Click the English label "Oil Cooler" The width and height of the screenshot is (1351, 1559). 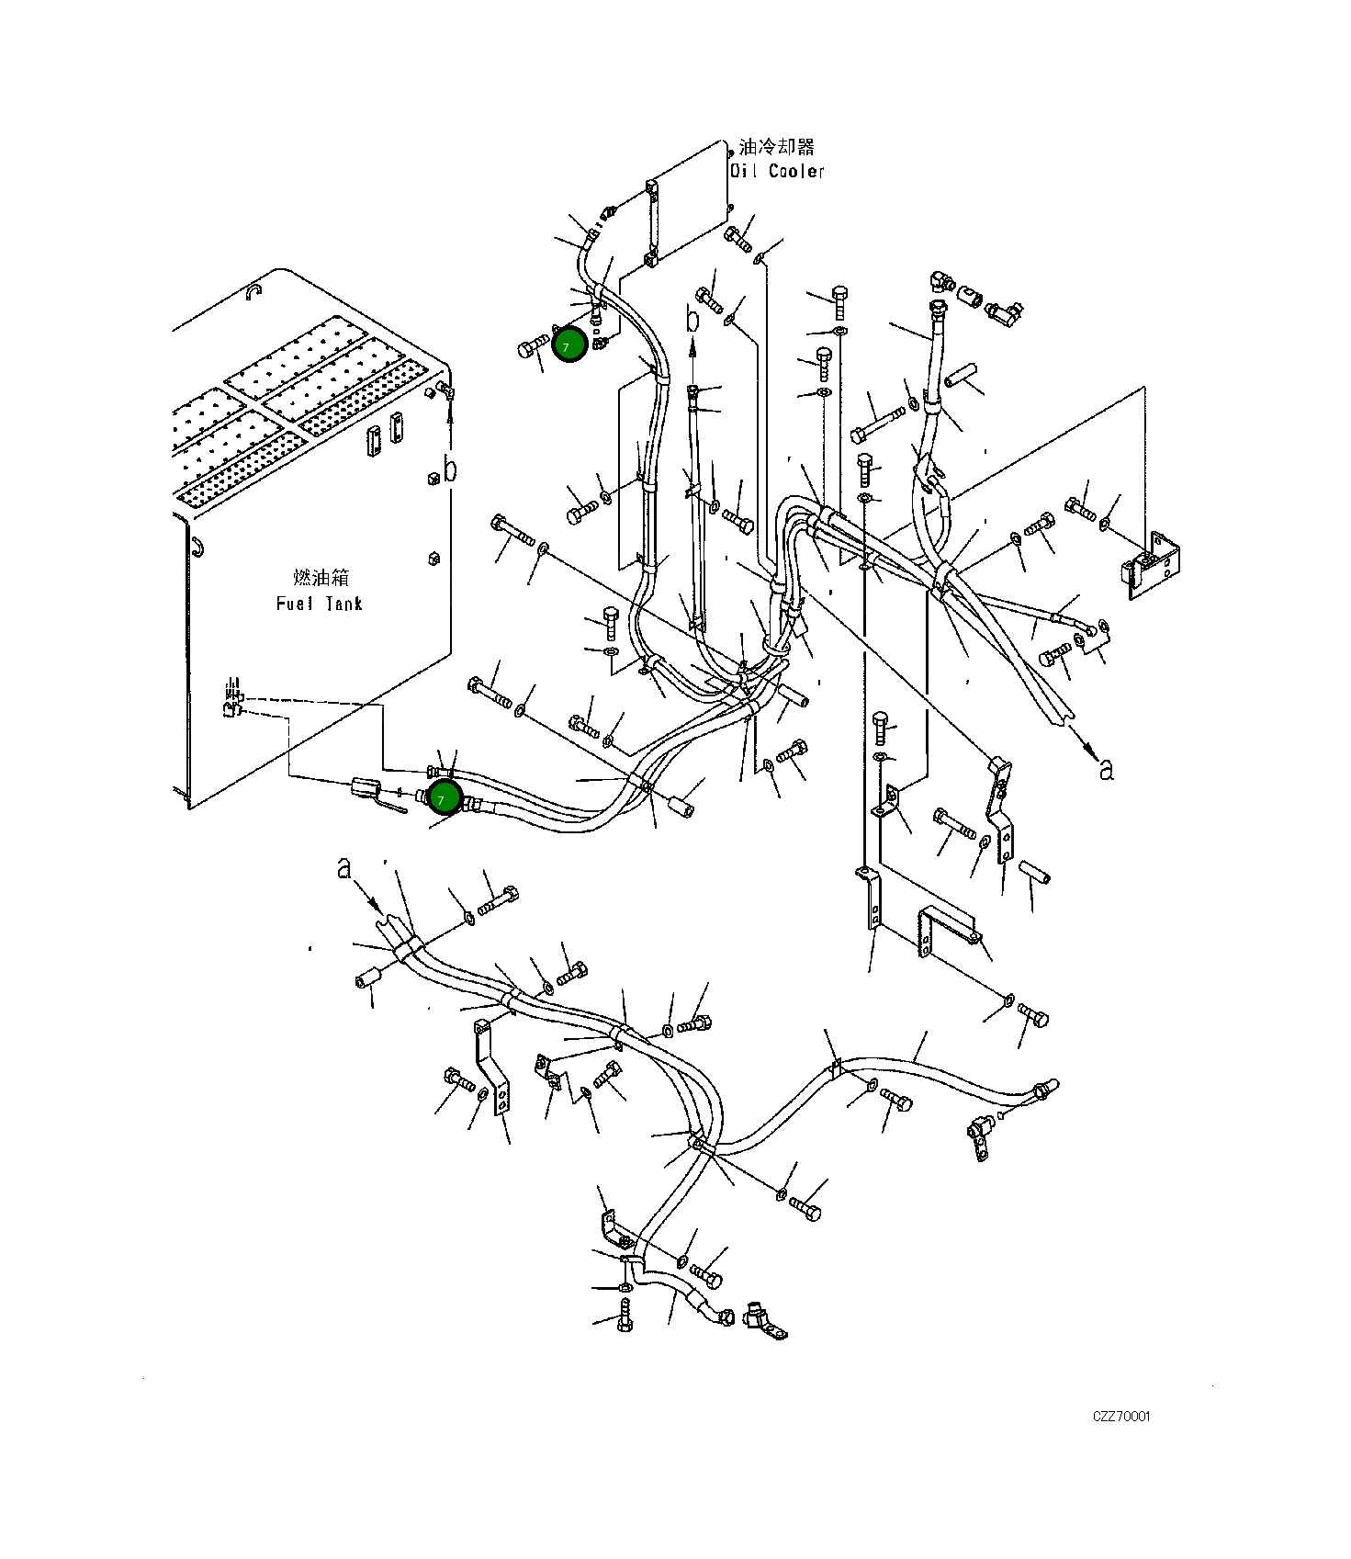pos(777,171)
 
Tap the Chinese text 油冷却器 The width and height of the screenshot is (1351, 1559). pos(776,147)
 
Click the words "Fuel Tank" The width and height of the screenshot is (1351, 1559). pos(319,604)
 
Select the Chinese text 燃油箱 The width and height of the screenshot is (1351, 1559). pos(321,578)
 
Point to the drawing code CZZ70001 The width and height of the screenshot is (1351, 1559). pos(1120,1416)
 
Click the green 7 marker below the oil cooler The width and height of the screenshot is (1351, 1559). pos(569,345)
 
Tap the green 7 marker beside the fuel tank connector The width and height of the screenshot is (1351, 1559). pos(444,797)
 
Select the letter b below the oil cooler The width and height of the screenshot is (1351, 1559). pos(693,321)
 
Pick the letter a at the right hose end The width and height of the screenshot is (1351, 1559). pos(1107,769)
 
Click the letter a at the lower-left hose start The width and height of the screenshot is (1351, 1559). pos(344,867)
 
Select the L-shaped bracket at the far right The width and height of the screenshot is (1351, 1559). pos(1151,565)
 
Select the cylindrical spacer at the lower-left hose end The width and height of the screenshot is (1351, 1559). pos(367,979)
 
